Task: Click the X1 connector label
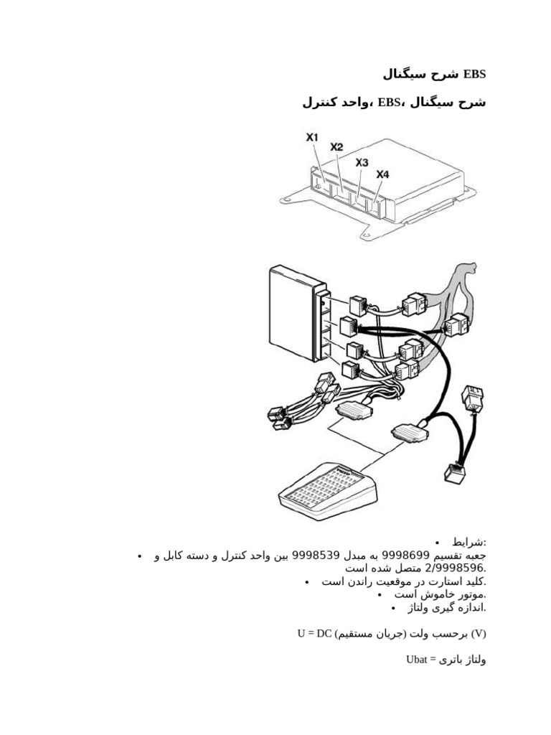(312, 136)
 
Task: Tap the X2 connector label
(336, 147)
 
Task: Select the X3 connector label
(362, 163)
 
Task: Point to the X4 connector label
(382, 174)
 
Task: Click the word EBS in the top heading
(475, 74)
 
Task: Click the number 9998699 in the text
(406, 556)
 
